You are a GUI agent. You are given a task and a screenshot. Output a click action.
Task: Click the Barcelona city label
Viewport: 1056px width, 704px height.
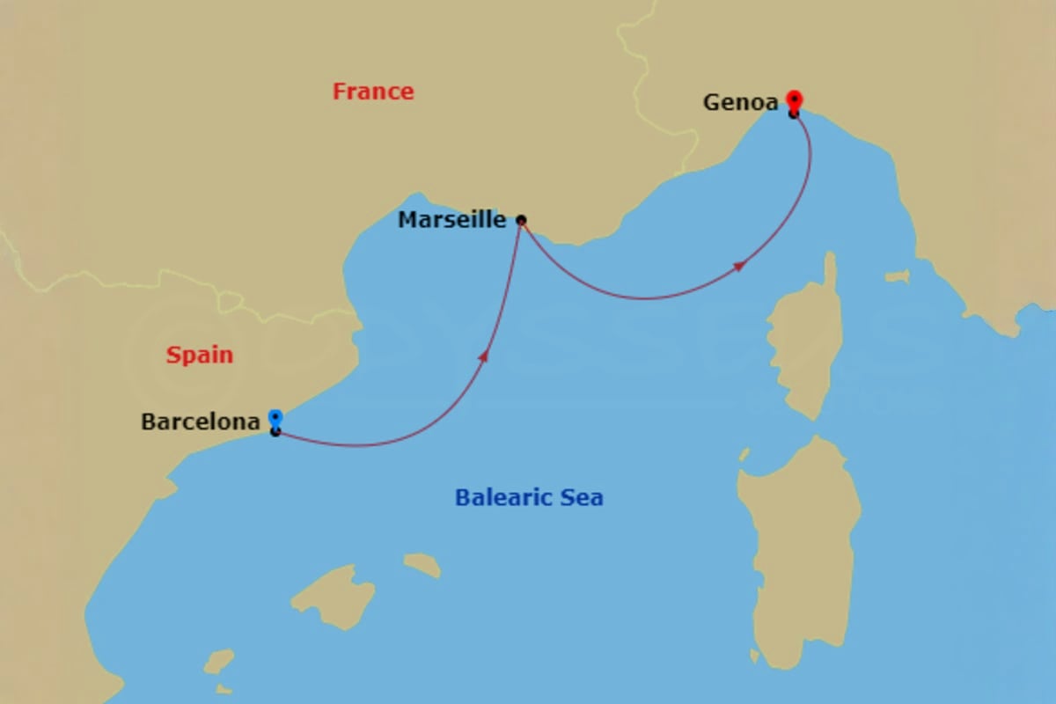click(x=200, y=422)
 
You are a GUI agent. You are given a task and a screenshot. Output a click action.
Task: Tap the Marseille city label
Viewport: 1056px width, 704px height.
click(x=451, y=219)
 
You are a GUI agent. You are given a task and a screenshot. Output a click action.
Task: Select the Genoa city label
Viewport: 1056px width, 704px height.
click(x=740, y=103)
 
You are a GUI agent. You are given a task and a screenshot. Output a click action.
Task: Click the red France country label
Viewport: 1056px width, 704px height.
click(x=373, y=92)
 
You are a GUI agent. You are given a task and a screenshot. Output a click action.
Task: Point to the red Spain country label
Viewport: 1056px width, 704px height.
click(x=200, y=356)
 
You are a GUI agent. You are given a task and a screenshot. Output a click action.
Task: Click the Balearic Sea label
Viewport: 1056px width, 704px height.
click(x=529, y=498)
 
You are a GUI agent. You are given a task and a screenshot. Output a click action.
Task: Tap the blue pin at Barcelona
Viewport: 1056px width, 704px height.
click(x=275, y=418)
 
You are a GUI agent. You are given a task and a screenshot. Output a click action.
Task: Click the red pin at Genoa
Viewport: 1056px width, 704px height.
click(x=794, y=99)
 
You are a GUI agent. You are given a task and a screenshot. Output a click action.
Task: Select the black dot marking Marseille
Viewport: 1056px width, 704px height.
click(x=521, y=220)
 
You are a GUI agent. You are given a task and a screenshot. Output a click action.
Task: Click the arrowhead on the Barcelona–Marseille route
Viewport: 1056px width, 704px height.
click(x=483, y=356)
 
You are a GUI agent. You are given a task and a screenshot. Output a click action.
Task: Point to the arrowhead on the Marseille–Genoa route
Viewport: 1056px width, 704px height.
click(x=740, y=266)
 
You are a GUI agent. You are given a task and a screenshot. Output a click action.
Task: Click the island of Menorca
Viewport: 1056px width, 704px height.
click(x=422, y=564)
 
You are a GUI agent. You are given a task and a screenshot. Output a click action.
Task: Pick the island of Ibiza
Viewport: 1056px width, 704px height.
click(x=218, y=661)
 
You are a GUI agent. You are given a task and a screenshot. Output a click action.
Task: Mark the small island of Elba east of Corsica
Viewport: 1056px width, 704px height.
click(x=897, y=276)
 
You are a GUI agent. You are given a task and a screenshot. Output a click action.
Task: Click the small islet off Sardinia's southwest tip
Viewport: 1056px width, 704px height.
click(x=754, y=656)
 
